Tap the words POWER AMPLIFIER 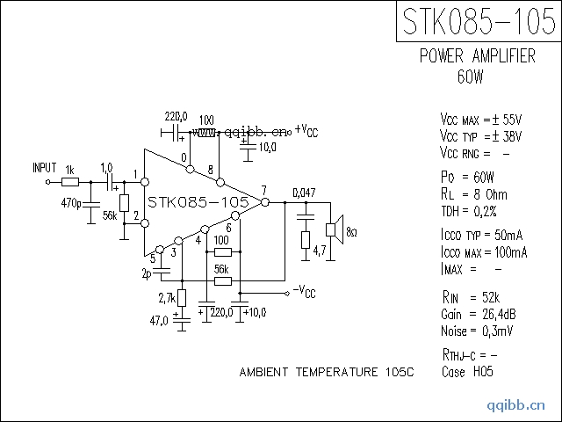click(477, 56)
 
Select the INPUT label click(44, 167)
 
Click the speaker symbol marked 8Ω click(331, 230)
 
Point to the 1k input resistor click(70, 183)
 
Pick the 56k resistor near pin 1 click(124, 204)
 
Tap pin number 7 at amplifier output click(263, 192)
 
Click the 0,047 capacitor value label click(303, 193)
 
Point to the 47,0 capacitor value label click(159, 321)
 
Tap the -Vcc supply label click(305, 291)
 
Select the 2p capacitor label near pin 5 click(146, 273)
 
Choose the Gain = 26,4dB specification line click(479, 314)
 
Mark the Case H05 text click(468, 372)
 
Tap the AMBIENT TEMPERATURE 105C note click(326, 373)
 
